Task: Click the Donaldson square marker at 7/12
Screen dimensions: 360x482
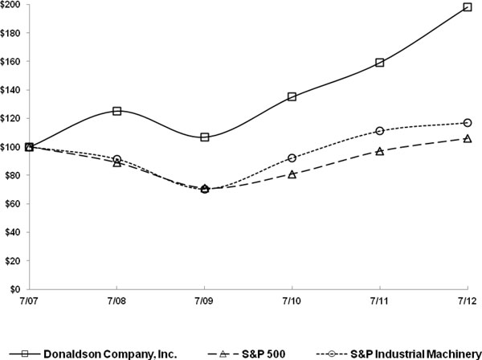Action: tap(468, 7)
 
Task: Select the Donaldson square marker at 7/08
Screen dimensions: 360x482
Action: tap(117, 111)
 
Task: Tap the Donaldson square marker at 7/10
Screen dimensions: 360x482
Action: tap(292, 96)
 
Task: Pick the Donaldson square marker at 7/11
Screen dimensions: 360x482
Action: tap(380, 63)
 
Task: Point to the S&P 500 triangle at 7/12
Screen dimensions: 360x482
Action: tap(468, 138)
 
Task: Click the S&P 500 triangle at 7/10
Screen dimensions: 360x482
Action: tap(292, 174)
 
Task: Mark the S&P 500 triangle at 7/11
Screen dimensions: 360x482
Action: tap(380, 150)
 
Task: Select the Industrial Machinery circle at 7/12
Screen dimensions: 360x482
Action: tap(468, 123)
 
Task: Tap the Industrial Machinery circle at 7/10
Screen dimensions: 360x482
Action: tap(292, 158)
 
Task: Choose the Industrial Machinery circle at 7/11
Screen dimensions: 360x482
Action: tap(380, 131)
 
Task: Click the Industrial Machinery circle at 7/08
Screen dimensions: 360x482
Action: tap(117, 159)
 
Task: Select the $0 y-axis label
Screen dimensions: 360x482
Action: tap(16, 289)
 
